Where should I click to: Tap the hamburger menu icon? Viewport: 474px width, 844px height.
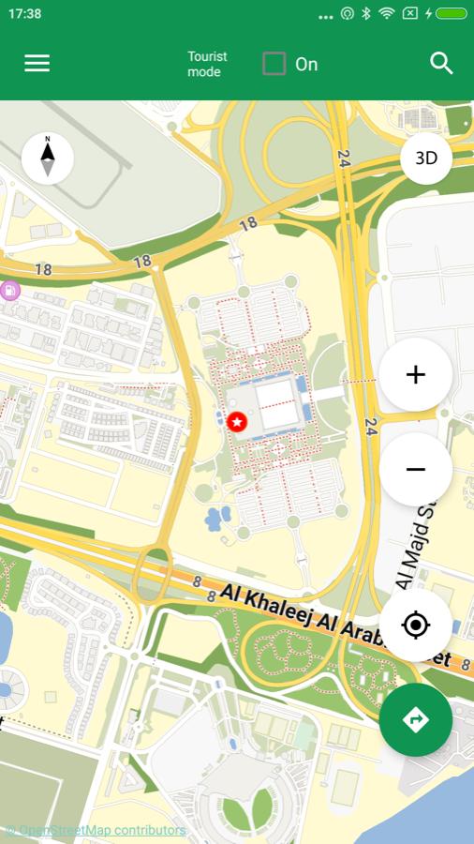pos(37,64)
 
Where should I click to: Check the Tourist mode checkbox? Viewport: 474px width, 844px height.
pos(274,64)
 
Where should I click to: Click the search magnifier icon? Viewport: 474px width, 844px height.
pos(441,64)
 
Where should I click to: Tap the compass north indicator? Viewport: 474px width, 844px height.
pos(47,158)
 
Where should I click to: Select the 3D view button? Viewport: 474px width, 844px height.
pos(426,158)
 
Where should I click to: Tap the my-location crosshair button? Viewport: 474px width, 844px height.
pos(416,625)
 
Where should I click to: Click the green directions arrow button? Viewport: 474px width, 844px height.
pos(416,719)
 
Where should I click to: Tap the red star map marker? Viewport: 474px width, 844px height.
pos(237,422)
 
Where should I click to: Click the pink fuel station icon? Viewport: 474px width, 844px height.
pos(10,290)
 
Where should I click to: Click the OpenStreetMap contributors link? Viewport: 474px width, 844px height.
pos(96,830)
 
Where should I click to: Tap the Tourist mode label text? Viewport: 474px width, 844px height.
pos(207,64)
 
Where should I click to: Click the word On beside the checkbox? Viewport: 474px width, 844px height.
pos(306,65)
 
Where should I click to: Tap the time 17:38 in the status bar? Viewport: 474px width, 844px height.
pos(25,14)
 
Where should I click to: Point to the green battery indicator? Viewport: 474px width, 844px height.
pos(451,14)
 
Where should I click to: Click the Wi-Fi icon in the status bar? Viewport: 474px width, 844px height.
pos(386,14)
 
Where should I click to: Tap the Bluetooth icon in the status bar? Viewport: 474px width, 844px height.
pos(366,14)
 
